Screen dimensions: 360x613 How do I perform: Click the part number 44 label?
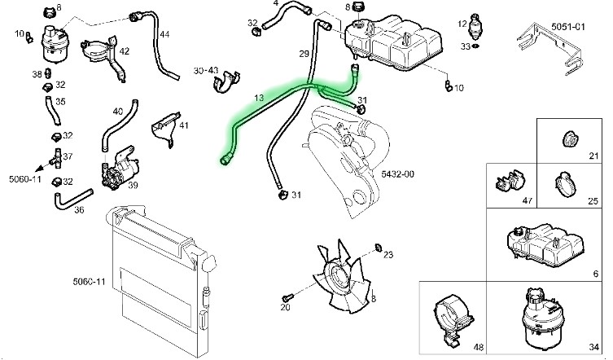point(164,34)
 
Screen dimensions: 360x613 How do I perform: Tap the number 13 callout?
point(259,98)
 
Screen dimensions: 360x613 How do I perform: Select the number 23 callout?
point(388,255)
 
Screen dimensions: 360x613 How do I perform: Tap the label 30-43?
point(205,71)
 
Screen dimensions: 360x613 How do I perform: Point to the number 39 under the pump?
point(133,186)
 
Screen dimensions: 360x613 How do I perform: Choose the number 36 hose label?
point(79,210)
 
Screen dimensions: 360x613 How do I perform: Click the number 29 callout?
point(304,54)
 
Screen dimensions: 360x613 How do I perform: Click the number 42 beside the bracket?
point(124,51)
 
